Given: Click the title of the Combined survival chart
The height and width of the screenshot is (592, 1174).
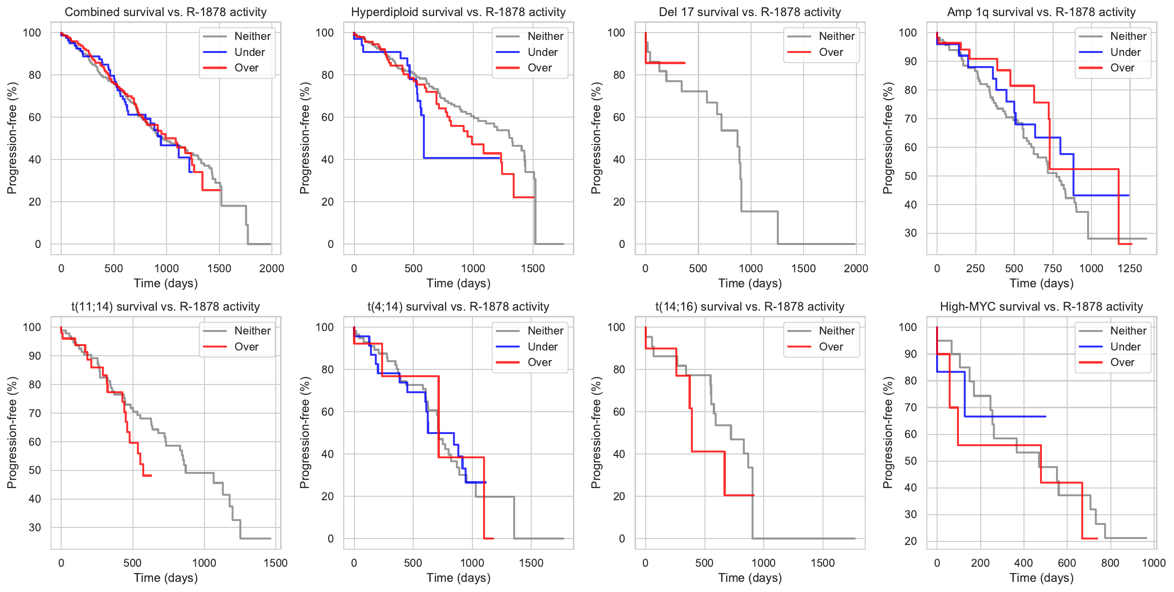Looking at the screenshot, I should [x=166, y=12].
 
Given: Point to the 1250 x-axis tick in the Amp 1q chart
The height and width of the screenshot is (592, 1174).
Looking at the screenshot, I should [x=1130, y=268].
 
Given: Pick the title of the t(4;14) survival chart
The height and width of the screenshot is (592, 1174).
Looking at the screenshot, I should [x=458, y=307].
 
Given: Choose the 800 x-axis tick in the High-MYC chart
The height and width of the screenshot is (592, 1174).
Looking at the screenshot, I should [x=1110, y=563].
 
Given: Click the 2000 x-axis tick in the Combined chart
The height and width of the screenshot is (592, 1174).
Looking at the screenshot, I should [x=271, y=268].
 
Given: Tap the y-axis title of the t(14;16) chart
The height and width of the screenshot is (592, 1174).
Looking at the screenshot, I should [x=596, y=432].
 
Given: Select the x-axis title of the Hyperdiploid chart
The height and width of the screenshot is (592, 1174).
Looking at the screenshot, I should [x=458, y=283].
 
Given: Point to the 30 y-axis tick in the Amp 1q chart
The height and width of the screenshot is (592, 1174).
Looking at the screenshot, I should [x=910, y=233].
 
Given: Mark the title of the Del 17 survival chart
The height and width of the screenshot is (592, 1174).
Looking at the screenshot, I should [x=750, y=12].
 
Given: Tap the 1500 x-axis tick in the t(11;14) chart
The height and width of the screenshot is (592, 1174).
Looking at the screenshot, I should [x=275, y=563].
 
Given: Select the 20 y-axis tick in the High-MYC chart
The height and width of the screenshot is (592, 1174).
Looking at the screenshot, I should [x=910, y=541].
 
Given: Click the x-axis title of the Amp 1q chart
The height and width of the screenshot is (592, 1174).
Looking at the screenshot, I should [x=1041, y=283].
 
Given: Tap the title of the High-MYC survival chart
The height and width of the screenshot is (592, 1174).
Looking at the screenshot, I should [x=1041, y=307].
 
